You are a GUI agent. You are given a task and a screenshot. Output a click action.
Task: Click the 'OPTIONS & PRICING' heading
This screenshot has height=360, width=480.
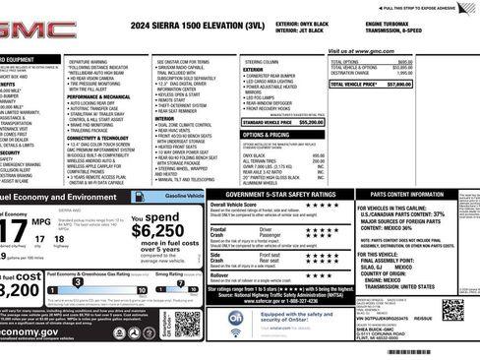tap(267, 135)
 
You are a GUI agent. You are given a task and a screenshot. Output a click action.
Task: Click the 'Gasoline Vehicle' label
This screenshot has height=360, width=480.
tap(185, 197)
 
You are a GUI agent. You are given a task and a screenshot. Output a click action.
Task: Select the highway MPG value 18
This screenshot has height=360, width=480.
tap(58, 239)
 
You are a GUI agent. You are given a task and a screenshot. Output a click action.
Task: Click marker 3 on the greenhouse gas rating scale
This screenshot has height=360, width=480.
tap(76, 291)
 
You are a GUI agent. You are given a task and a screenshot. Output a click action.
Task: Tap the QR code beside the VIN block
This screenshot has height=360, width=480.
tap(452, 312)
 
